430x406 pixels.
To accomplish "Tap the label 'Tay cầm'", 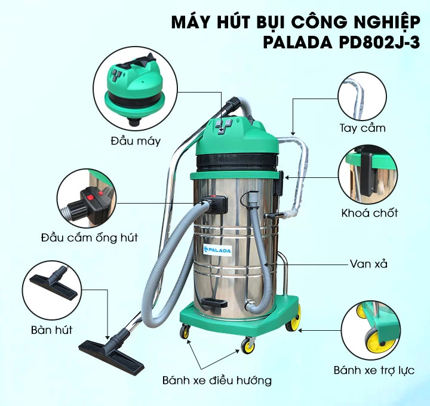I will [363, 128].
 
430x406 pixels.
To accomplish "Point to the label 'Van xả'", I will [368, 263].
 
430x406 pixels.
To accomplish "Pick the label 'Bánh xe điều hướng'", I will [217, 380].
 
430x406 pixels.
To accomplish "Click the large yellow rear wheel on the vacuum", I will [293, 324].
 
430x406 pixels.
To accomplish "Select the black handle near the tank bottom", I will [214, 300].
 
